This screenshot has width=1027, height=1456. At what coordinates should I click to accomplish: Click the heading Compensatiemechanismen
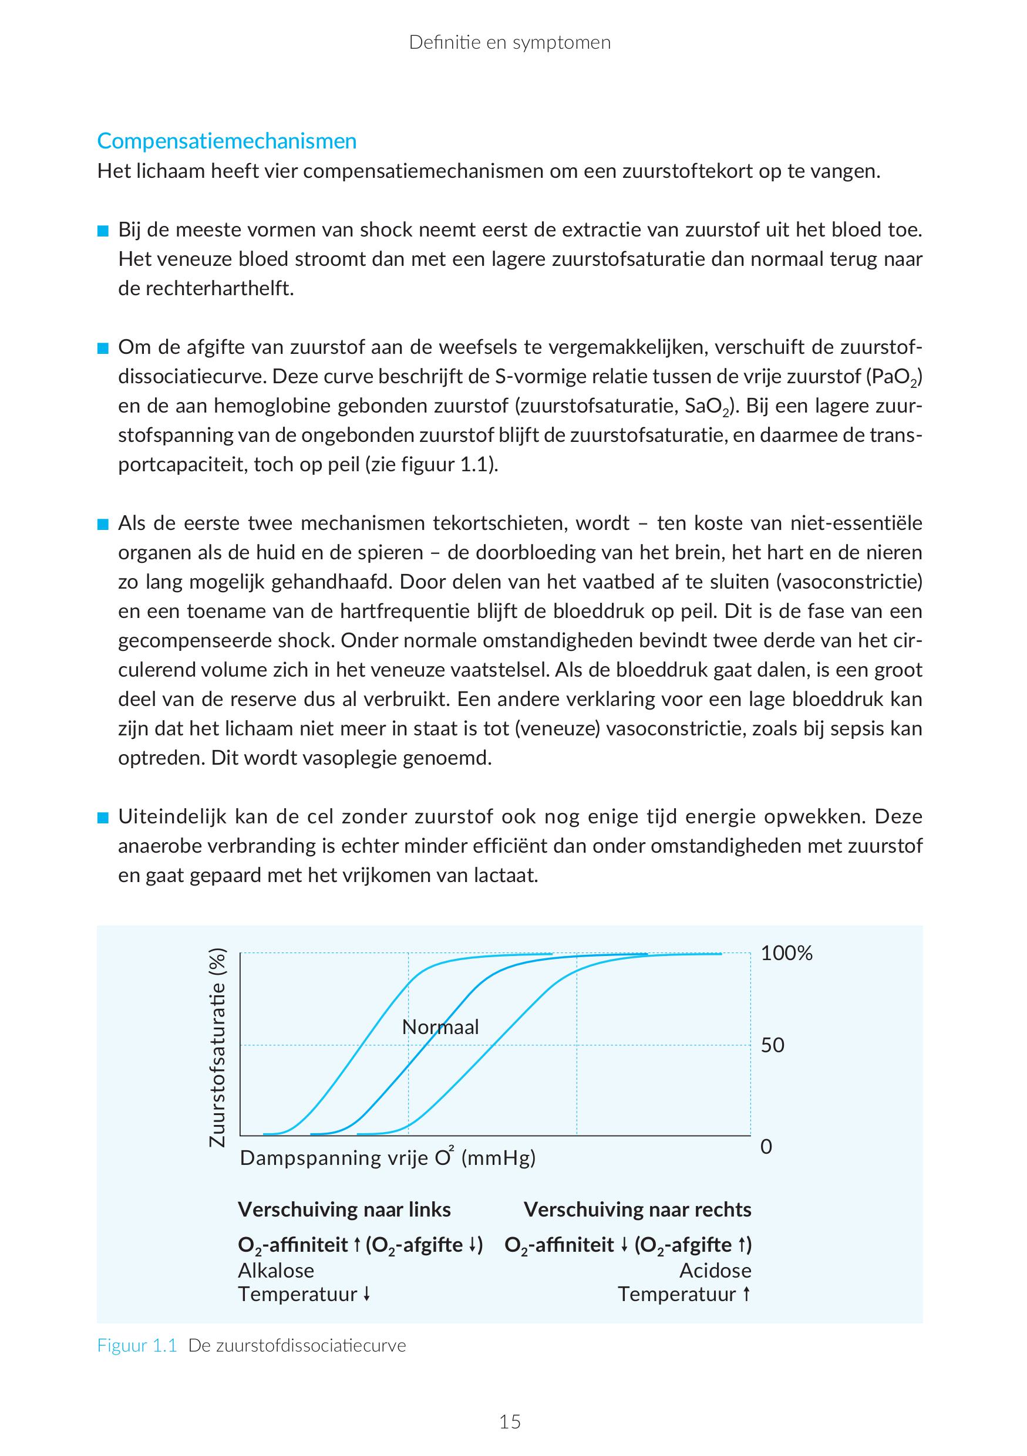[x=227, y=141]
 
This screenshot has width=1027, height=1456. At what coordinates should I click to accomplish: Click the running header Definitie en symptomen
[x=510, y=42]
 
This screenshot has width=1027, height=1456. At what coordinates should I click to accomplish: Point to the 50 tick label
[x=773, y=1045]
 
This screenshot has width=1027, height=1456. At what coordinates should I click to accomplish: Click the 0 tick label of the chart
[x=766, y=1147]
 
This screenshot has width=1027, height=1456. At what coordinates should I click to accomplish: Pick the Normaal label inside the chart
[x=440, y=1026]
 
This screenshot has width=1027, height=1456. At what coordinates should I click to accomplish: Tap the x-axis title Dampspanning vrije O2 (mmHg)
[x=388, y=1158]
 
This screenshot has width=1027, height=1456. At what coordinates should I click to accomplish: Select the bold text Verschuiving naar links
[x=344, y=1210]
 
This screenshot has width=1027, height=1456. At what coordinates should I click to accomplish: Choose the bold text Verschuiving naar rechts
[x=637, y=1210]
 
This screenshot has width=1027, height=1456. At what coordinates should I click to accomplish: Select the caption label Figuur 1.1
[x=136, y=1346]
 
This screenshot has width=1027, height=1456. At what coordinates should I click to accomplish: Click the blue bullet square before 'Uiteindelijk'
[x=103, y=818]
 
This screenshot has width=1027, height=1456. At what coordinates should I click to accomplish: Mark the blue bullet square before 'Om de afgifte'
[x=103, y=349]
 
